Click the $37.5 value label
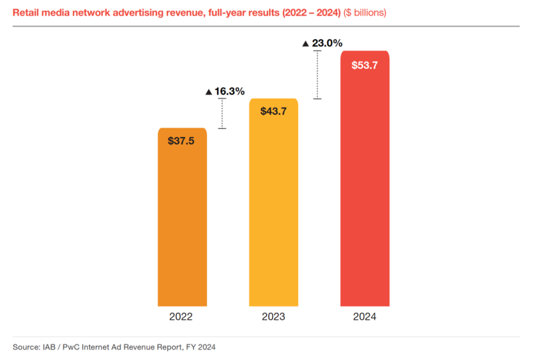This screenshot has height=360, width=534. [x=181, y=141]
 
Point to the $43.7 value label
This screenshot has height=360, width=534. [x=273, y=111]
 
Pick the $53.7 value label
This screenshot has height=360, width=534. [x=364, y=65]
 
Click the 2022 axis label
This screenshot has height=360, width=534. [x=181, y=317]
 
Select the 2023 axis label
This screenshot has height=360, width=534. [x=273, y=317]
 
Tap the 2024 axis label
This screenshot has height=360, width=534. [x=364, y=317]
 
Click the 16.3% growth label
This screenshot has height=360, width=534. [x=229, y=91]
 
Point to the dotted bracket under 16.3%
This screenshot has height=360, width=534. [x=222, y=114]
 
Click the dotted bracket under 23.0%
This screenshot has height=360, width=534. [x=317, y=74]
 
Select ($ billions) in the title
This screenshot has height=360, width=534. [x=364, y=12]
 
